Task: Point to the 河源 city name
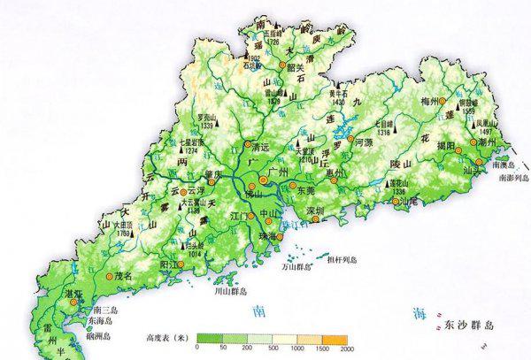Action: [x=364, y=142]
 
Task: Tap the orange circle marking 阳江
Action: [x=181, y=264]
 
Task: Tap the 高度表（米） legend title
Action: [x=169, y=337]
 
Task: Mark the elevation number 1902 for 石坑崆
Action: [x=251, y=58]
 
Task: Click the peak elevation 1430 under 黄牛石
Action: [x=334, y=100]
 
